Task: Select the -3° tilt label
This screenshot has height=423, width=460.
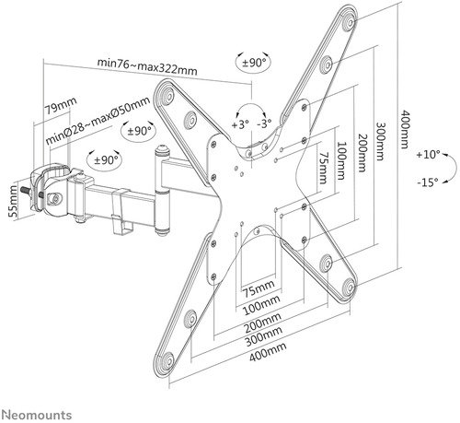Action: [x=267, y=123]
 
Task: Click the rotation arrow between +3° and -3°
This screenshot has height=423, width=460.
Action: [x=253, y=106]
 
